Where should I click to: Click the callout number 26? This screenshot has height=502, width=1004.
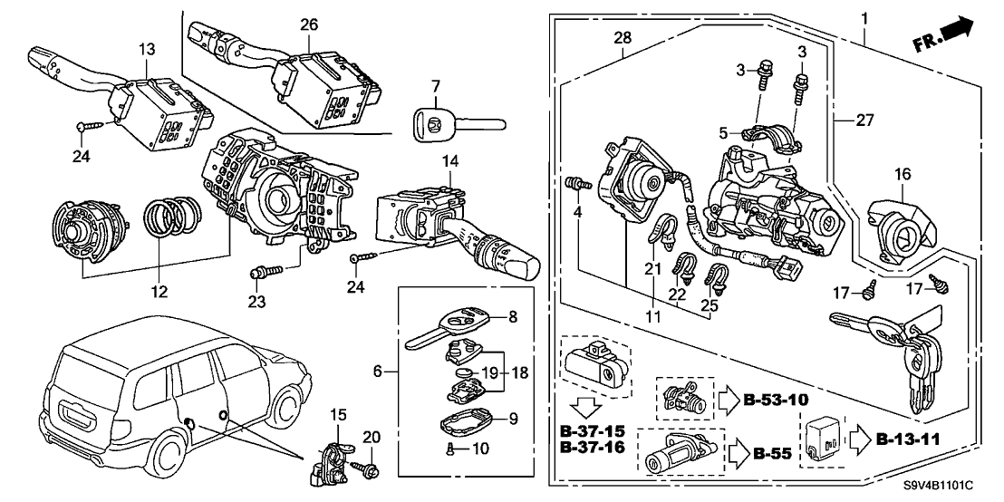(309, 24)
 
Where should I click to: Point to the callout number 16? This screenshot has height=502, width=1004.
(903, 173)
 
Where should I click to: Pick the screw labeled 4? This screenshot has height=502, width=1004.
(574, 184)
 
